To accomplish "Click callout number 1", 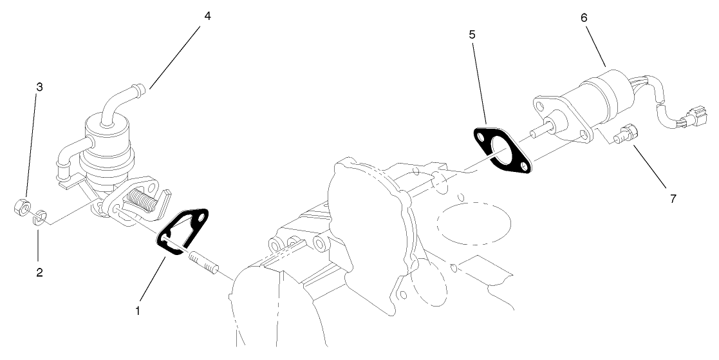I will [x=137, y=310].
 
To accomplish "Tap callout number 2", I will [x=39, y=272].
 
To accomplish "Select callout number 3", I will [x=39, y=87].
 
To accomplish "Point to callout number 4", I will [x=207, y=16].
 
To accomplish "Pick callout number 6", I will [x=584, y=17].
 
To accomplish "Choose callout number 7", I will [x=673, y=198].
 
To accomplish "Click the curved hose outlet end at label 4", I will [x=140, y=88].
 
